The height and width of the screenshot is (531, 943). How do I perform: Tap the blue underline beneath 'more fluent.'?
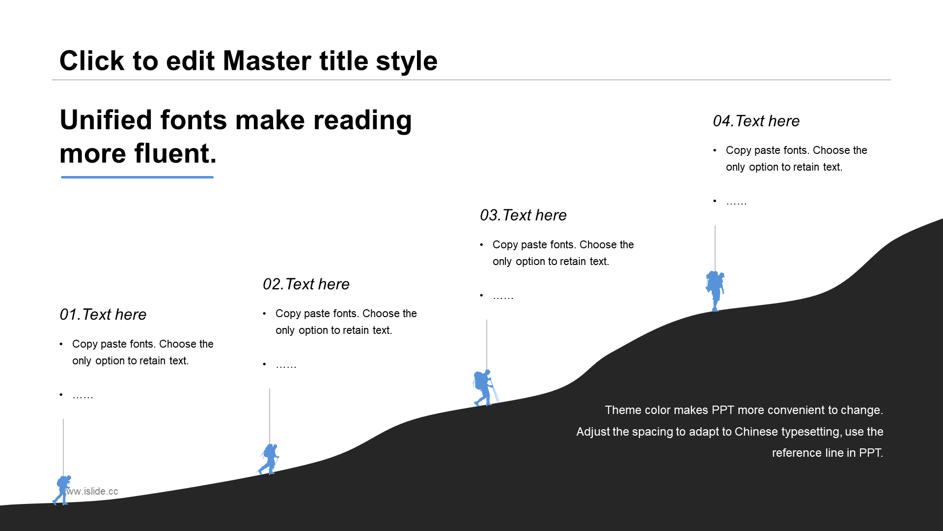[137, 177]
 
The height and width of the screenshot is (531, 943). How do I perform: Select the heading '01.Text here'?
[103, 315]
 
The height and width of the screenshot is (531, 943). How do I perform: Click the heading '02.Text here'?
[306, 284]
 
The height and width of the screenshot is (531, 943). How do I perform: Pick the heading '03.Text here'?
[523, 215]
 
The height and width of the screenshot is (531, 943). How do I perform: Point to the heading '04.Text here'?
[756, 121]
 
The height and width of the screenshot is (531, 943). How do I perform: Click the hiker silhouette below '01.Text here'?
[62, 490]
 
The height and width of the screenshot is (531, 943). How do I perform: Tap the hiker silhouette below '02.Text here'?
[269, 459]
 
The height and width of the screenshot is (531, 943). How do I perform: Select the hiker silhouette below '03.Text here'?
[484, 387]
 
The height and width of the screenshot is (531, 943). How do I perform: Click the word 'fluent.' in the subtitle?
[175, 153]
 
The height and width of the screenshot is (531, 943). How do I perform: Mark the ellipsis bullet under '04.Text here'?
[736, 202]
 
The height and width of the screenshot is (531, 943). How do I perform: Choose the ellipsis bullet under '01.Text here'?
[83, 396]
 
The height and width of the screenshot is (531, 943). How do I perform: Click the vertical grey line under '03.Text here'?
[487, 344]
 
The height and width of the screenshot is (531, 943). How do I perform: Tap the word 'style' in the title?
[406, 61]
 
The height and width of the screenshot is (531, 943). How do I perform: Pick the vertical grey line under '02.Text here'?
[270, 415]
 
